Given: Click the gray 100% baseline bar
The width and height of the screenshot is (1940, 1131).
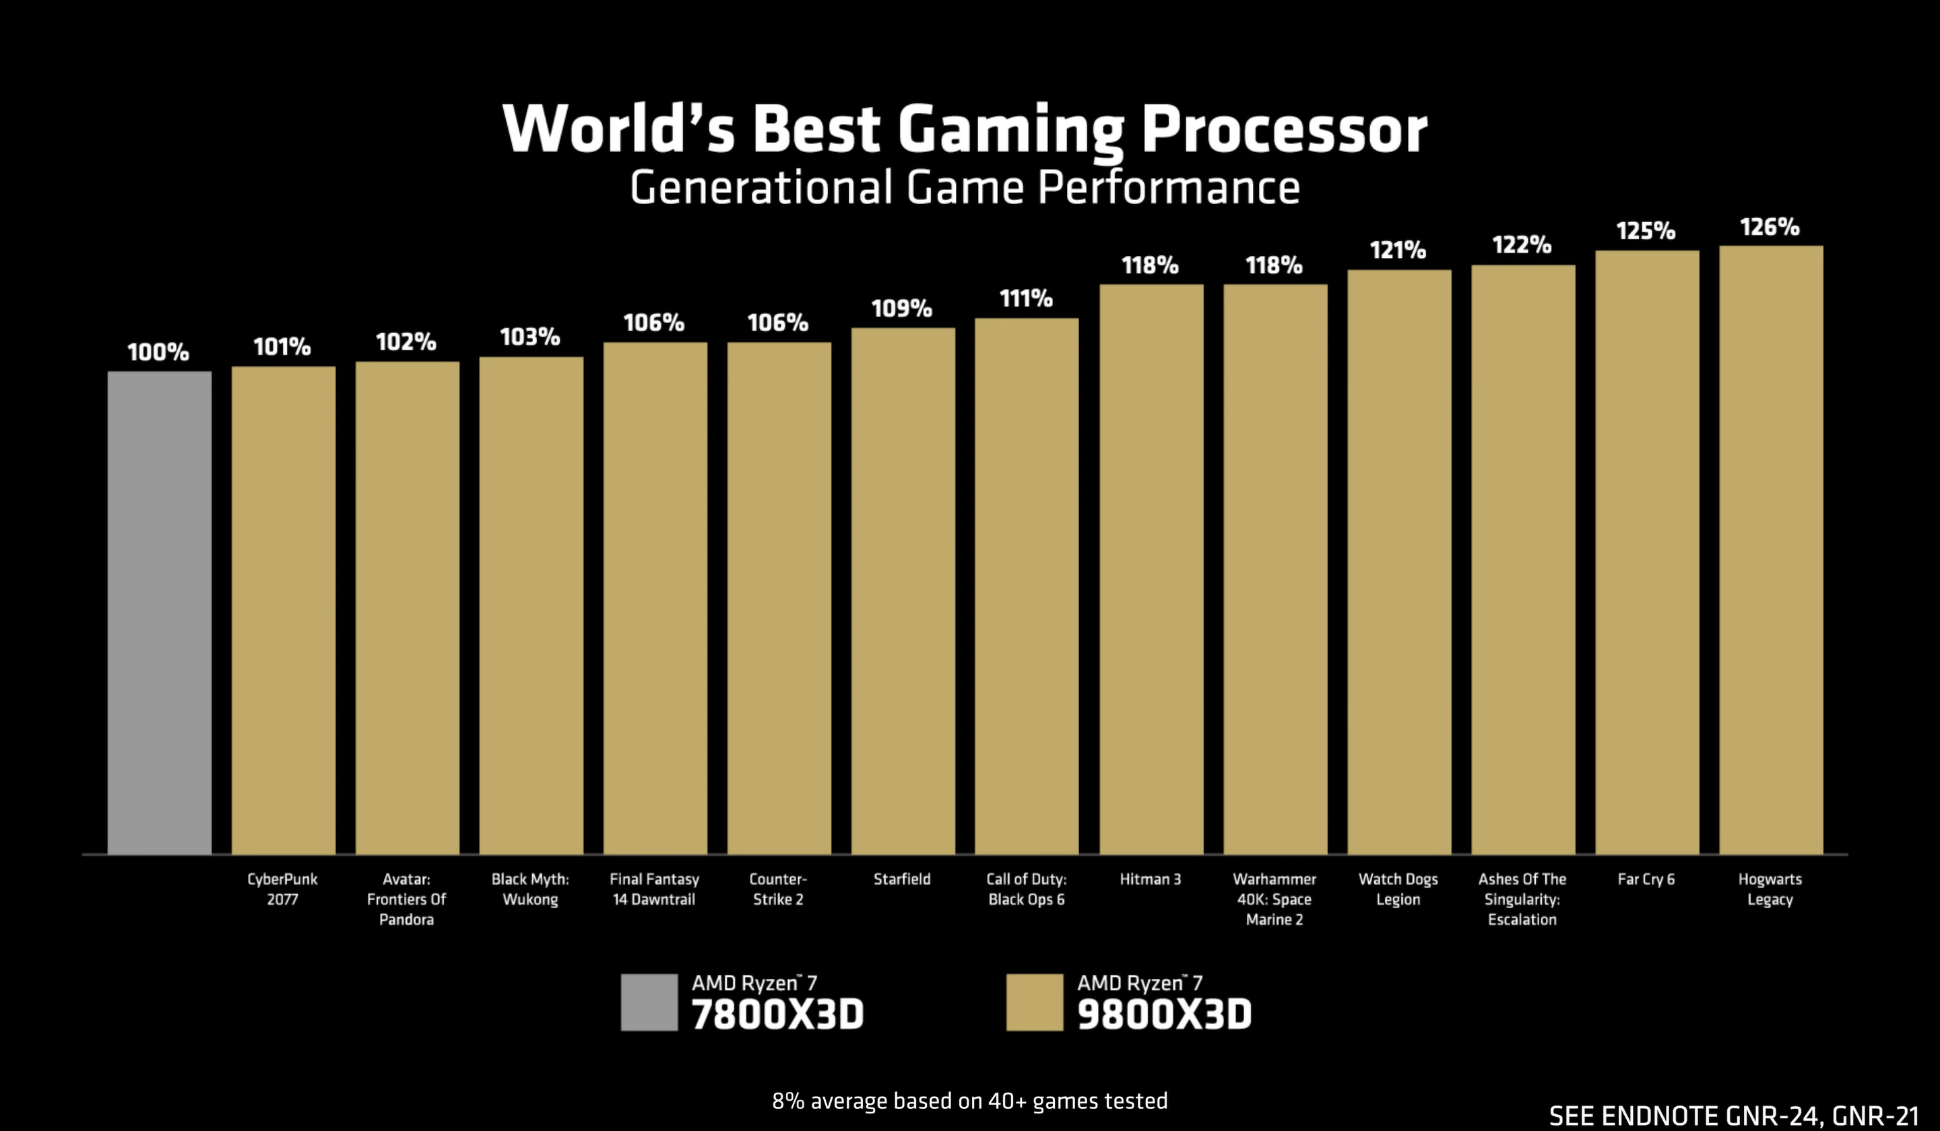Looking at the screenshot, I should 160,613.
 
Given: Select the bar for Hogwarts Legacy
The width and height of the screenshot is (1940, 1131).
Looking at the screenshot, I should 1771,549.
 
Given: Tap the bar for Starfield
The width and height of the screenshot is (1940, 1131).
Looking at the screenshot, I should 903,591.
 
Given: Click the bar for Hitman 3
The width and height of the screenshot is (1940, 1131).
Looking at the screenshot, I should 1151,570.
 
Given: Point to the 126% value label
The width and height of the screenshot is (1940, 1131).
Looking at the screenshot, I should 1770,227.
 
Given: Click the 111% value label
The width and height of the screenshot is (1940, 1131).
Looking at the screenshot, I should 1026,298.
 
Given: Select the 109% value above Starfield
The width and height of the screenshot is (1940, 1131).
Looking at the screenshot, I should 901,308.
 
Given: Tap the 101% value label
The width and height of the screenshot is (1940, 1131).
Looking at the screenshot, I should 282,347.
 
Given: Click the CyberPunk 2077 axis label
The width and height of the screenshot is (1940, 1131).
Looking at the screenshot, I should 282,889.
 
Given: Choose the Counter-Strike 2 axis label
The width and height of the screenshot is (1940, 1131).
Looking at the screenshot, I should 777,889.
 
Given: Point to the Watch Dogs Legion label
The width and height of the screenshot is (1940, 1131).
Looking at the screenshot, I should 1398,889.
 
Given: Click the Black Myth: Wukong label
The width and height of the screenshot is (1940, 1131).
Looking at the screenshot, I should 530,889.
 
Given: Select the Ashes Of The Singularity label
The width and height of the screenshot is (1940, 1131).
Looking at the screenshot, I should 1522,899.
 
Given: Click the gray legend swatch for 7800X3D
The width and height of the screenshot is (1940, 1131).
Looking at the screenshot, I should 649,1002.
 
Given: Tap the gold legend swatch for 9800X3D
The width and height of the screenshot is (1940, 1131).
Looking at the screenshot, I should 1034,1002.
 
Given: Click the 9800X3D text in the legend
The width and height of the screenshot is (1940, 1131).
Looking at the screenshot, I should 1164,1014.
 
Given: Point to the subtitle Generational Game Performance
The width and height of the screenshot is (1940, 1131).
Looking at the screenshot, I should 965,188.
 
